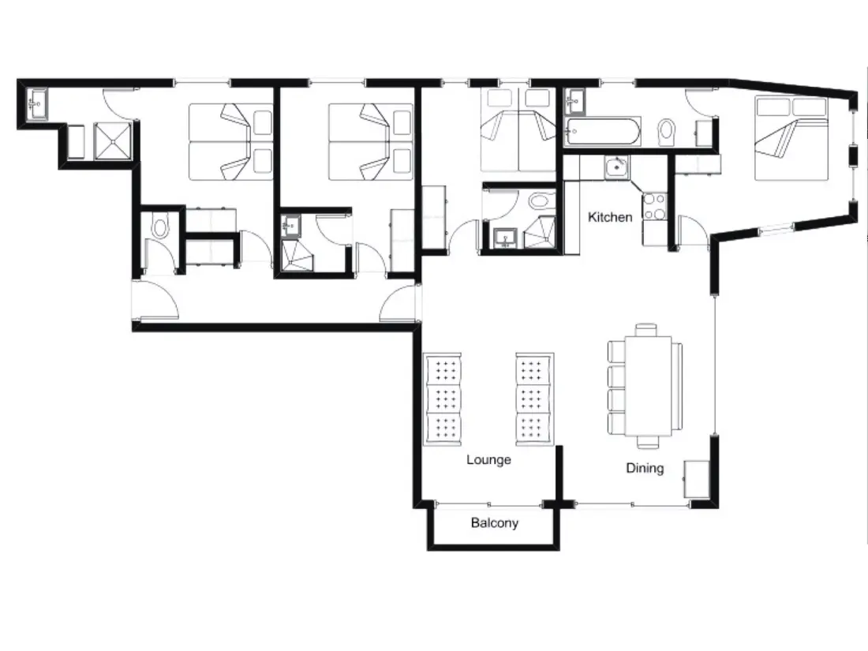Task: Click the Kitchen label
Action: point(609,217)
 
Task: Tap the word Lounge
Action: point(488,459)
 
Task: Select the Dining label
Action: point(645,468)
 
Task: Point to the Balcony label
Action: point(494,522)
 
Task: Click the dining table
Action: point(648,386)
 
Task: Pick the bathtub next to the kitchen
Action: point(602,132)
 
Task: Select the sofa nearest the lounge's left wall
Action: point(443,398)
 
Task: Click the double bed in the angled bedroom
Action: point(791,138)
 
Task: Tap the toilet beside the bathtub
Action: point(667,132)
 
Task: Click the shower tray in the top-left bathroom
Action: point(113,141)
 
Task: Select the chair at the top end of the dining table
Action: point(646,330)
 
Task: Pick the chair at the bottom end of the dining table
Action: point(648,442)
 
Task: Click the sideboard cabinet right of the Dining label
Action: point(697,479)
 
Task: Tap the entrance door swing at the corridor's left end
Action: point(157,300)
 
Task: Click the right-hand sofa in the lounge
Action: point(535,398)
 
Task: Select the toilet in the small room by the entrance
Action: point(160,228)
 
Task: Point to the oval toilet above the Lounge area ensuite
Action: point(539,200)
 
